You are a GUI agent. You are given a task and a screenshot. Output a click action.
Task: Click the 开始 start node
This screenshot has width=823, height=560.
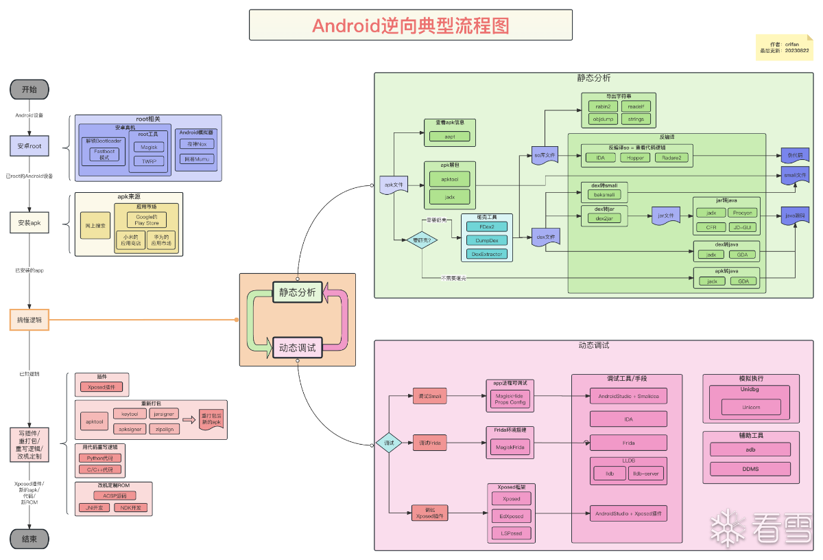pyautogui.click(x=29, y=89)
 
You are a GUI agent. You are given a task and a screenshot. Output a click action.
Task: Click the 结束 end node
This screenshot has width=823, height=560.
pyautogui.click(x=29, y=539)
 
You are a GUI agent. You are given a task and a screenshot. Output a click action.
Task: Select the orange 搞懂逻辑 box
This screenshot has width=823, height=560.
pyautogui.click(x=29, y=320)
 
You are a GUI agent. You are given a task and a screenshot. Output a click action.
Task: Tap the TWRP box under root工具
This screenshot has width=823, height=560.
pyautogui.click(x=149, y=161)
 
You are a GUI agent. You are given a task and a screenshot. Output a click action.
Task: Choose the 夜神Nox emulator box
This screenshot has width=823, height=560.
pyautogui.click(x=198, y=144)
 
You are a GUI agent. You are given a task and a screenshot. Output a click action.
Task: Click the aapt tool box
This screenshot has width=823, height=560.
pyautogui.click(x=450, y=137)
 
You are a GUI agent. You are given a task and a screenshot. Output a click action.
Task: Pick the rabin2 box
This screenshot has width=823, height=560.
pyautogui.click(x=603, y=106)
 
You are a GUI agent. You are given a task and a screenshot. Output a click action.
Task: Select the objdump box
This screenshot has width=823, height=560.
pyautogui.click(x=603, y=119)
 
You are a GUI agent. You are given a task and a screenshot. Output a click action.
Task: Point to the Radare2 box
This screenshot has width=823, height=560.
pyautogui.click(x=671, y=157)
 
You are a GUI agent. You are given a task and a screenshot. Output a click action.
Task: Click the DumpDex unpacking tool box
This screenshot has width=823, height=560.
pyautogui.click(x=486, y=240)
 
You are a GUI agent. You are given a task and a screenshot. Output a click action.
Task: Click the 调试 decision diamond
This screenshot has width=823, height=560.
pyautogui.click(x=388, y=443)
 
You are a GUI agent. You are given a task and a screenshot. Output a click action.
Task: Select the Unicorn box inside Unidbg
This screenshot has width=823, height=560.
pyautogui.click(x=751, y=407)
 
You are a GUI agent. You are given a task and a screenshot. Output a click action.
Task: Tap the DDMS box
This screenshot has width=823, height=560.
pyautogui.click(x=751, y=469)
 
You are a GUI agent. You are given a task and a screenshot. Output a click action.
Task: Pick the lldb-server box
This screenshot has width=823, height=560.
pyautogui.click(x=645, y=474)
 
